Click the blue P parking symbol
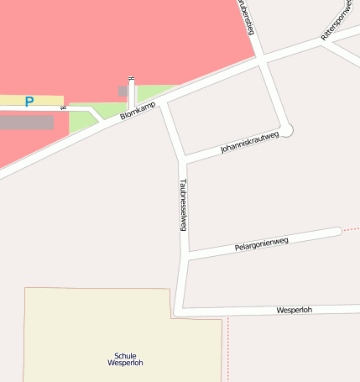click(x=29, y=102)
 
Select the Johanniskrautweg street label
click(x=249, y=140)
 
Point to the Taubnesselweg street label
click(x=183, y=204)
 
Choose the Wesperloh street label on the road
click(x=294, y=310)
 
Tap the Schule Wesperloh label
click(x=126, y=359)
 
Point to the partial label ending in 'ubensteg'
click(x=247, y=16)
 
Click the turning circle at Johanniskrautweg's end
click(x=288, y=130)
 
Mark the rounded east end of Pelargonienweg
click(x=337, y=231)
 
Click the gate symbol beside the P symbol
click(x=64, y=107)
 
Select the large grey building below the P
click(x=26, y=123)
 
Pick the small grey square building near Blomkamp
click(x=123, y=91)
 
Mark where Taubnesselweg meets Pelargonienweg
click(x=185, y=255)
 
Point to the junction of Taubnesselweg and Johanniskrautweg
click(x=182, y=158)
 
